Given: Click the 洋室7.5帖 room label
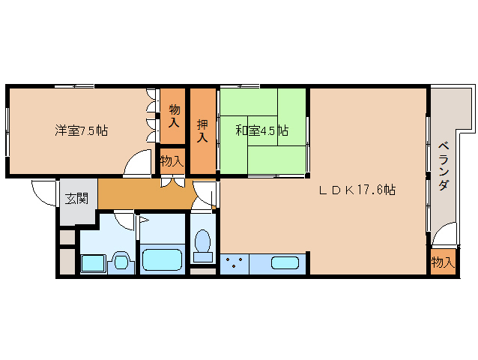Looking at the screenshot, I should point(81,130).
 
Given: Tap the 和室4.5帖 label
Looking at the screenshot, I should point(261,130).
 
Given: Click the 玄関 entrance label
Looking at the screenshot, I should point(76,199).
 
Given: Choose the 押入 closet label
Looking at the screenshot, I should point(202,130).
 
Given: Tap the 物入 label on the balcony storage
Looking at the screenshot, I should point(442,262).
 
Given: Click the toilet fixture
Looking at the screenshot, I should point(202,244).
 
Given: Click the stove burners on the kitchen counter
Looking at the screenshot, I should point(235,263).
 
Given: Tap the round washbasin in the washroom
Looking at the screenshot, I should point(120,261).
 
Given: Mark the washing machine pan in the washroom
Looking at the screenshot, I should point(93,262).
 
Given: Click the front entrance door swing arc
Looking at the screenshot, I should point(43,191).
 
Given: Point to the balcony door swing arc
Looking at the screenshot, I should point(444,235).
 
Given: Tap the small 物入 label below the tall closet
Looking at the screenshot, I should point(172,160).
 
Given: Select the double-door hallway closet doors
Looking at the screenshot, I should point(173,181).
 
